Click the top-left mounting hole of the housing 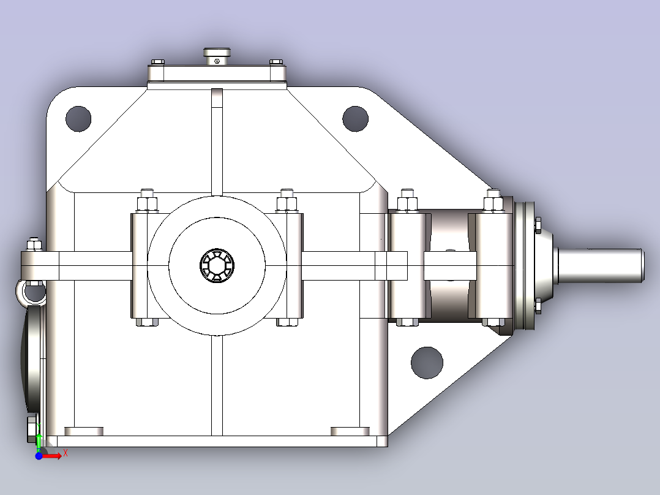78,119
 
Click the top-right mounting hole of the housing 355,119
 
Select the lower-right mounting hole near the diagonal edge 427,363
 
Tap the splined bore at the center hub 217,265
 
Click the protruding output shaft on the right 600,265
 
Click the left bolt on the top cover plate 157,62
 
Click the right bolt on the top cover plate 276,62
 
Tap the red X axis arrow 52,456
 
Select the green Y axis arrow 39,440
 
